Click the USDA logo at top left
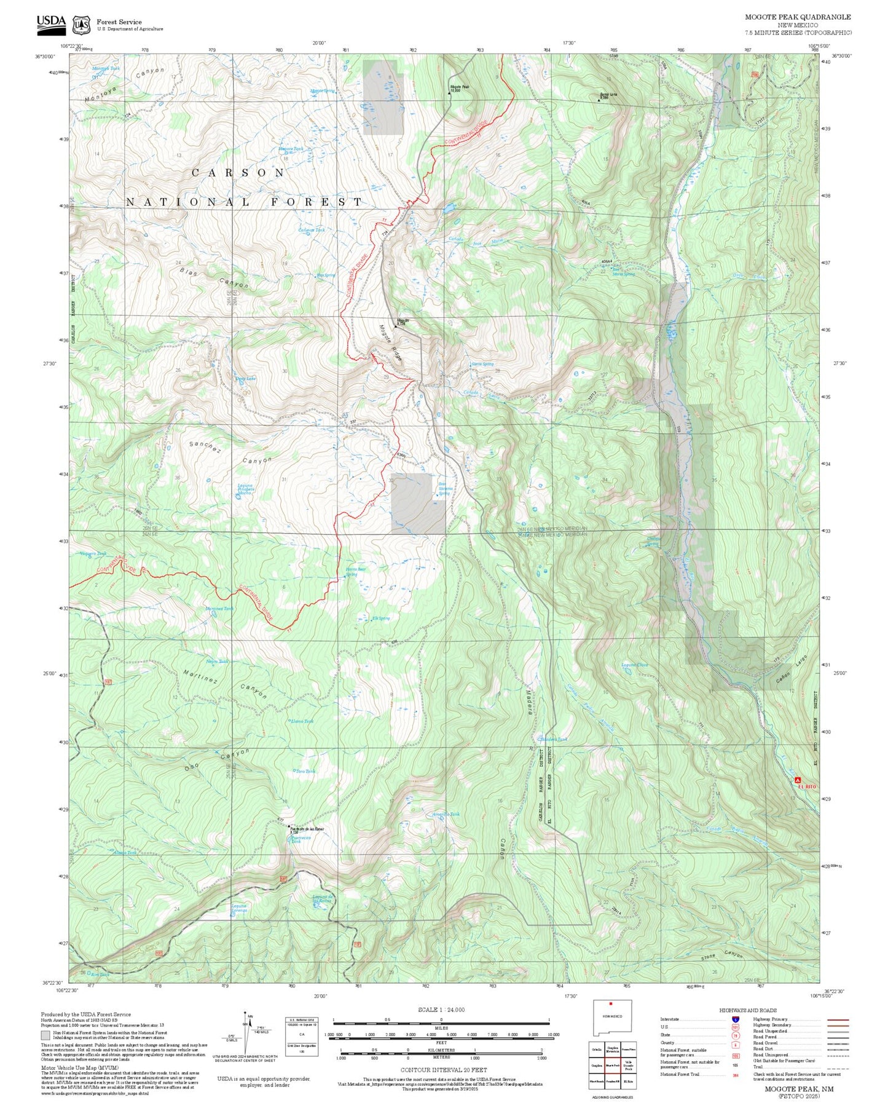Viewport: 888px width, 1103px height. [51, 22]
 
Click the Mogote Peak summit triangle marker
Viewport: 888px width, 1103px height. [449, 94]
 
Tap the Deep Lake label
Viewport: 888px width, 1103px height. [246, 379]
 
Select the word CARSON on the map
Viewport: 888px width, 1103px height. [238, 173]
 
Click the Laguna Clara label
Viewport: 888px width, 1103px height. [634, 665]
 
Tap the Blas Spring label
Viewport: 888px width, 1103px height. [326, 275]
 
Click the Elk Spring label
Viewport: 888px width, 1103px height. [380, 619]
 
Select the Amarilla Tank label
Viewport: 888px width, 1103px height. [446, 815]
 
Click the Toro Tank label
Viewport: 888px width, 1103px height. [305, 771]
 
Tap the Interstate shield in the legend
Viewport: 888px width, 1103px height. [735, 1019]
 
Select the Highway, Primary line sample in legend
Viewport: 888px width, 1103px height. [838, 1019]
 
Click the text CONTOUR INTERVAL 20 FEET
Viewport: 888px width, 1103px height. [441, 1070]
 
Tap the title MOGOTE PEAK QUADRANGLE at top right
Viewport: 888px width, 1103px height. [798, 17]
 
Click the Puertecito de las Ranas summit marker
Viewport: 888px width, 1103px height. [290, 826]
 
